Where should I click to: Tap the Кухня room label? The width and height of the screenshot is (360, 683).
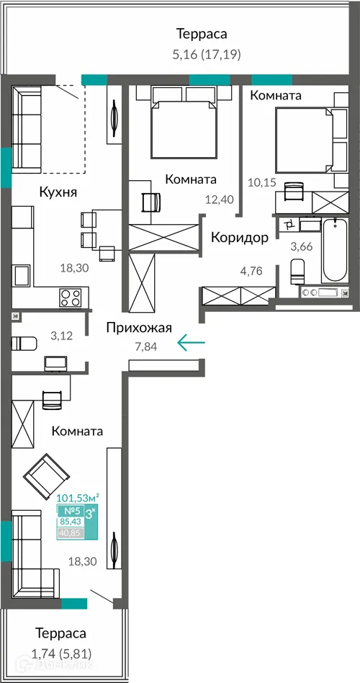click(58, 192)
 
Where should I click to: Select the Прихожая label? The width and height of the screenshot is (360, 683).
click(138, 329)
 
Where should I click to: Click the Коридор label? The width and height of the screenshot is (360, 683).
click(240, 237)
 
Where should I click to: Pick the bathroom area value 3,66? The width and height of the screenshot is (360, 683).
click(301, 247)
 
